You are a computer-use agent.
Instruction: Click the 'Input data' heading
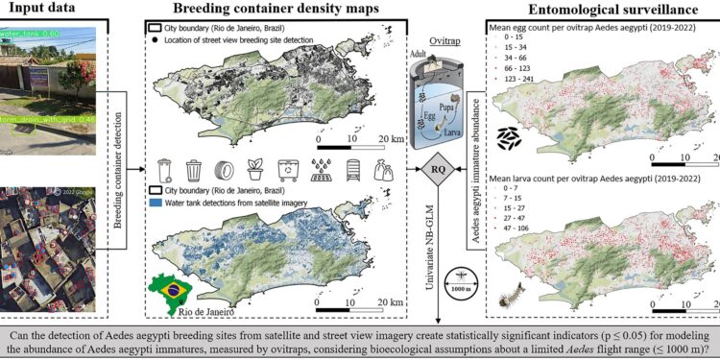pyautogui.click(x=42, y=9)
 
